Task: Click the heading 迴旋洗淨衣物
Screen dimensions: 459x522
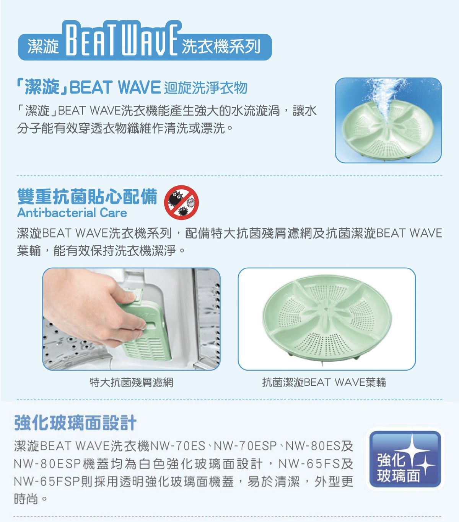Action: [205, 88]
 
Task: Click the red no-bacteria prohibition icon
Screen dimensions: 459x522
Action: [181, 203]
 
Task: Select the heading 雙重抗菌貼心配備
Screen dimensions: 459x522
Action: [87, 196]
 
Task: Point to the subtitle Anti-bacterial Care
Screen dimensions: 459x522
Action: [72, 213]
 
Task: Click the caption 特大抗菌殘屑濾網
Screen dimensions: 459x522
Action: [131, 382]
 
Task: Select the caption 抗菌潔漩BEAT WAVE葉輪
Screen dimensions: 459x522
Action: [324, 382]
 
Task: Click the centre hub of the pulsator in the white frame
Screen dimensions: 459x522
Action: [326, 309]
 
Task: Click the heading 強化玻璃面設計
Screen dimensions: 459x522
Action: [75, 423]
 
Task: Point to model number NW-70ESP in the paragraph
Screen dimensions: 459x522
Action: [245, 446]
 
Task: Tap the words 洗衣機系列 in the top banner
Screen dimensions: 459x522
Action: [221, 47]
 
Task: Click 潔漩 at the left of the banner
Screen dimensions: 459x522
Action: [43, 47]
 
